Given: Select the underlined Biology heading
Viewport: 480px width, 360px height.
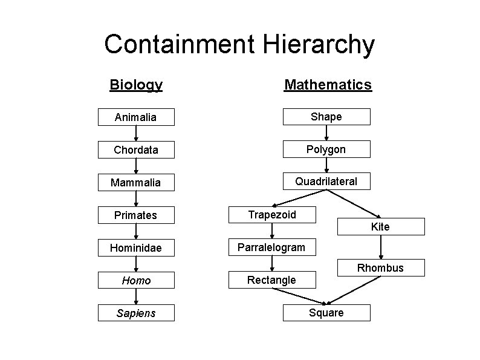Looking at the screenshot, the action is click(136, 85).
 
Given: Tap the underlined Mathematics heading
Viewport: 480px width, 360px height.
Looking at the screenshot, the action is click(328, 85).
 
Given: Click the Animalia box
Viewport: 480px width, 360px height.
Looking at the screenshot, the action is click(136, 117).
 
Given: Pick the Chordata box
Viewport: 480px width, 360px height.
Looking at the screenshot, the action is click(136, 149).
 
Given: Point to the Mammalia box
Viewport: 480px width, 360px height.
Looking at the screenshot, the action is click(136, 182).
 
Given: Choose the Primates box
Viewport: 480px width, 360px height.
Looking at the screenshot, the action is click(136, 215).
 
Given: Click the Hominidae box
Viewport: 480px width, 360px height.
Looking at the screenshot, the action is click(136, 247).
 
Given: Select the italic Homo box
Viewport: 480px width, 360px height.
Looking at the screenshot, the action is click(136, 281).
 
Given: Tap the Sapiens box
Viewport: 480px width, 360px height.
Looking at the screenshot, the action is click(136, 313).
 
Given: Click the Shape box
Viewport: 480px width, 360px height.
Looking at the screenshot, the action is click(326, 116).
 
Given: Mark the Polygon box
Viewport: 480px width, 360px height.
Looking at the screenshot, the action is click(326, 149).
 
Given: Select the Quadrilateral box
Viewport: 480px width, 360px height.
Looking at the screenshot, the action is click(326, 181).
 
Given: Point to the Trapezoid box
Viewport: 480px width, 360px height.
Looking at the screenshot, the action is click(273, 214).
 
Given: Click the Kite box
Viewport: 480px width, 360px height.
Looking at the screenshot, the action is click(380, 227).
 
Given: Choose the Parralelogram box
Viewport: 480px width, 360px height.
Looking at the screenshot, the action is click(272, 247).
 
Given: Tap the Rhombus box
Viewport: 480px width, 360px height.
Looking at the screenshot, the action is click(380, 268).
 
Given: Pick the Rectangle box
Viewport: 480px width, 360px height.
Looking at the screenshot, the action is click(272, 280).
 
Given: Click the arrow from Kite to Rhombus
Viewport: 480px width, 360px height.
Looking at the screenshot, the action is click(380, 247).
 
